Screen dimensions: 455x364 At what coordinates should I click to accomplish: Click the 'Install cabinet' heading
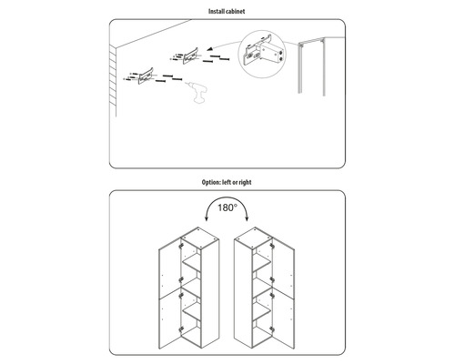[x=227, y=12]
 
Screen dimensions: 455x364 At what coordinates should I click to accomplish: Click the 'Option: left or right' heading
[x=227, y=182]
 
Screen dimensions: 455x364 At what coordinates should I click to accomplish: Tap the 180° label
[x=227, y=207]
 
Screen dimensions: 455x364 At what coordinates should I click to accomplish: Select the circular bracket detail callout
[x=262, y=54]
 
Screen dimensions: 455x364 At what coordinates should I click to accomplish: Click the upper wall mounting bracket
[x=190, y=56]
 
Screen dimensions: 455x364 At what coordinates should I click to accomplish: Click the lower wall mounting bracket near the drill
[x=146, y=76]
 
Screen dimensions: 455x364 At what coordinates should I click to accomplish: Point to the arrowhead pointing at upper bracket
[x=209, y=49]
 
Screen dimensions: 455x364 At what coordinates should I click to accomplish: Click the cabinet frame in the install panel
[x=311, y=66]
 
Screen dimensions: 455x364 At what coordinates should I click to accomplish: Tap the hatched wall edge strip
[x=113, y=80]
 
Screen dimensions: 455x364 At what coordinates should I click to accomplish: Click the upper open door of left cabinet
[x=170, y=268]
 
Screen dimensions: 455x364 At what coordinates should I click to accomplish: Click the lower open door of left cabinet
[x=170, y=321]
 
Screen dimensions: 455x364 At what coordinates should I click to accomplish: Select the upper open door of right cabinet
[x=283, y=268]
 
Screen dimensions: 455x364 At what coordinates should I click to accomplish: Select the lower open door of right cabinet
[x=283, y=321]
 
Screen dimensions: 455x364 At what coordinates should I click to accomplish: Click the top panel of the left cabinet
[x=200, y=238]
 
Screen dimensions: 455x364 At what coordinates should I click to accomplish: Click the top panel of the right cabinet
[x=253, y=238]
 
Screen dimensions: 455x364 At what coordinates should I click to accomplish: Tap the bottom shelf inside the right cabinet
[x=261, y=312]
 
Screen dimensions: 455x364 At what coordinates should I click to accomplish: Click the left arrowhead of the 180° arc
[x=207, y=218]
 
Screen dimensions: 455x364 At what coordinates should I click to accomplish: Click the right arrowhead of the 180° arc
[x=248, y=218]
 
